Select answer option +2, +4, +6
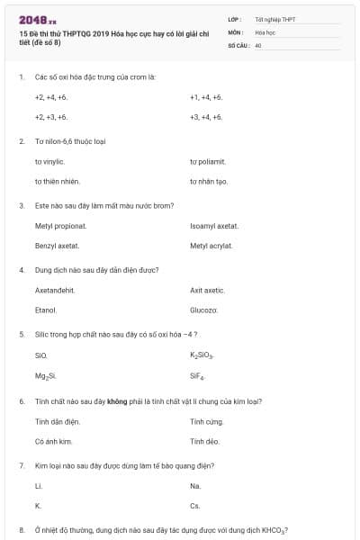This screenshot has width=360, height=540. point(51,96)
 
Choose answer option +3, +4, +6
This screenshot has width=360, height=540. point(206,117)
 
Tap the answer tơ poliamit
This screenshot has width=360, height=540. point(207,161)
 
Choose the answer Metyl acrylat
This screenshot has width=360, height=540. point(211,246)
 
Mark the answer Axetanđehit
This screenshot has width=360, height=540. point(55,290)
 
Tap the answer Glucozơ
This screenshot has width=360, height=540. point(204,310)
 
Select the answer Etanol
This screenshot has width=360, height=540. point(46,310)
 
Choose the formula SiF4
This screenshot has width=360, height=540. point(197,375)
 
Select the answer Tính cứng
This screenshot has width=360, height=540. point(205,420)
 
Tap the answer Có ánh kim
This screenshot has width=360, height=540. point(53,441)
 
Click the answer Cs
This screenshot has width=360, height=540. point(195,506)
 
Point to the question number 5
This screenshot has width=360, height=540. point(21,334)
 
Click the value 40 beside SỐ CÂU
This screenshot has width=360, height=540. point(258,44)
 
